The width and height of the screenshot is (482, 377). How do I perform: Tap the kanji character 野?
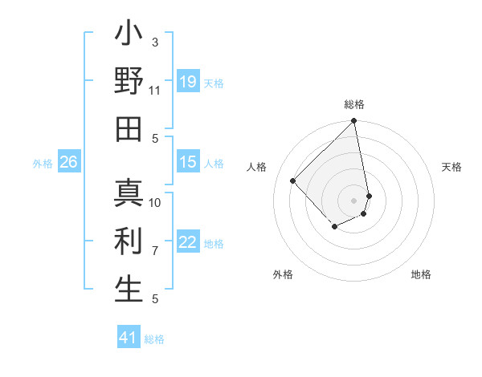129,82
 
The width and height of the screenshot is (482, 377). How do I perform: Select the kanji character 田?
129,129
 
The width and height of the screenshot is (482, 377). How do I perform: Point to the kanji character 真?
129,194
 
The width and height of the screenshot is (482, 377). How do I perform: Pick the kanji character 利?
129,241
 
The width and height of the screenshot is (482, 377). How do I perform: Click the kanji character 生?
129,290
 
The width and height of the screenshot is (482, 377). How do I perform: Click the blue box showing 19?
188,82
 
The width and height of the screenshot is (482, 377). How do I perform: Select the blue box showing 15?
188,162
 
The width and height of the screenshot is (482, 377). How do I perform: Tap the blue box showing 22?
188,242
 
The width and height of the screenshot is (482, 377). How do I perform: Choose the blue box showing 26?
68,162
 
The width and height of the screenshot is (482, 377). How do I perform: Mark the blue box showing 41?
129,338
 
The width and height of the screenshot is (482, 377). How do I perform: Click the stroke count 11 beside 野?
155,90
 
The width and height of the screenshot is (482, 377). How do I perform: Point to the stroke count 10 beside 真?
155,202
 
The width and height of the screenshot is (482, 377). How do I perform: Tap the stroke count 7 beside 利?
155,250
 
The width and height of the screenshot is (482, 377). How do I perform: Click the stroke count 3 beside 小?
155,42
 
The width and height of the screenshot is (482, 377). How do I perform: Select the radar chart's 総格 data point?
353,122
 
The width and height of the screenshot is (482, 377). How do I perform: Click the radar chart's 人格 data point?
293,180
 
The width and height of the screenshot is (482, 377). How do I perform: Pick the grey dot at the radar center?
353,200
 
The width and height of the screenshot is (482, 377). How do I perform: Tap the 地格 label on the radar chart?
421,275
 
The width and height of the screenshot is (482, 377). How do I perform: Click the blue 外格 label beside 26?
43,164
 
